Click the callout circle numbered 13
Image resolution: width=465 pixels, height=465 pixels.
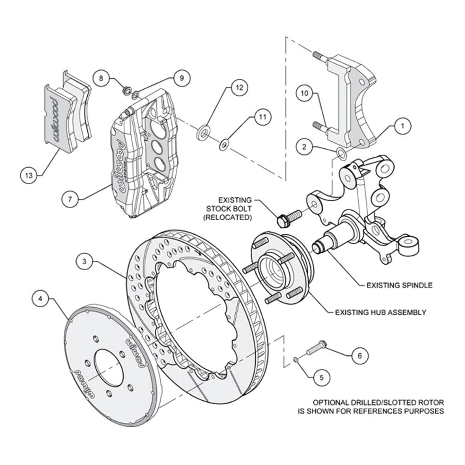29,175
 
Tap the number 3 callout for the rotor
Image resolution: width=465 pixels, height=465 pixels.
85,262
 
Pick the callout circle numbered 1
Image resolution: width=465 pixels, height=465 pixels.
403,125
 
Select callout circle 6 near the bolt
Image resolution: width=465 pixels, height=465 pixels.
359,356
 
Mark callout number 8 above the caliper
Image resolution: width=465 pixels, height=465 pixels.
101,78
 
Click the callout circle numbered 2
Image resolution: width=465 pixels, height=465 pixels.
304,147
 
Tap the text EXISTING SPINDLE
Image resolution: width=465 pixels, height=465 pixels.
399,285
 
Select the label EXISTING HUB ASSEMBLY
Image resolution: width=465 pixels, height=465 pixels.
380,312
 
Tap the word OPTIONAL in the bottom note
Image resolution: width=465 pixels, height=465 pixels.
329,402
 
